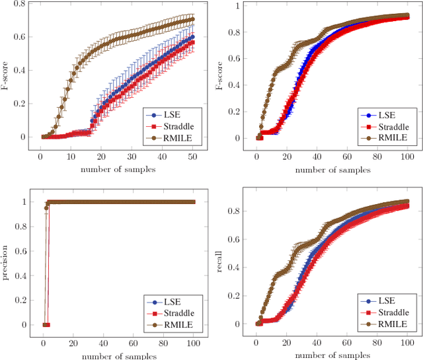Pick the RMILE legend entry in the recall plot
[387, 324]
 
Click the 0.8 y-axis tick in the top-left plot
[19, 3]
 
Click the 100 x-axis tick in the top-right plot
[407, 158]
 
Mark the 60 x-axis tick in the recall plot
[346, 344]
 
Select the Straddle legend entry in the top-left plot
[173, 126]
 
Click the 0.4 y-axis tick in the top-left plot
[19, 70]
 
